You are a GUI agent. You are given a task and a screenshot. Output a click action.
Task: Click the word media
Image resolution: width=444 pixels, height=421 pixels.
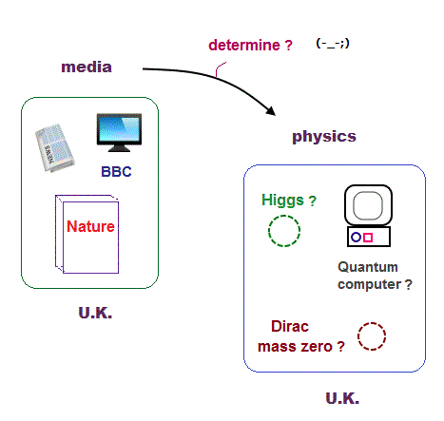[x=87, y=67]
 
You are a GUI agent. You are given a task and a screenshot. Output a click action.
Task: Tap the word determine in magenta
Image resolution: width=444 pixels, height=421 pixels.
[x=244, y=45]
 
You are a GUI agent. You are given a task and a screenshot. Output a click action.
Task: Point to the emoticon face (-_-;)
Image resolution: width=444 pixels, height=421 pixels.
[x=333, y=43]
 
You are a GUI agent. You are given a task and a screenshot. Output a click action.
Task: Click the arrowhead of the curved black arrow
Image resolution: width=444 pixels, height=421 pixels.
[x=270, y=111]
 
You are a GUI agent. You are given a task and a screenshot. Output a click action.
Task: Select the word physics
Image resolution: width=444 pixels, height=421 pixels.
[x=324, y=137]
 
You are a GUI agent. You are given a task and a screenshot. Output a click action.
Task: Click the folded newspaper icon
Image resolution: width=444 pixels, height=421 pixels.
[x=54, y=147]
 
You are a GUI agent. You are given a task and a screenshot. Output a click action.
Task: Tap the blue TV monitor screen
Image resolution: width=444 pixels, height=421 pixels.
[x=119, y=129]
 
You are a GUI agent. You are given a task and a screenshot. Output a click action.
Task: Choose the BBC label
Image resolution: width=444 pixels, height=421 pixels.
[x=116, y=172]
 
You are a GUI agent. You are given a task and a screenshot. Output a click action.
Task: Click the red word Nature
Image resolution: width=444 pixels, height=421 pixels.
[x=90, y=226]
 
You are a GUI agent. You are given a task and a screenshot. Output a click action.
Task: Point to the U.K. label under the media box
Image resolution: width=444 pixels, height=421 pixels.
[x=95, y=313]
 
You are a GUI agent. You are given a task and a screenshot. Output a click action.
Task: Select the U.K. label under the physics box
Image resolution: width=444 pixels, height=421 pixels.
[x=342, y=398]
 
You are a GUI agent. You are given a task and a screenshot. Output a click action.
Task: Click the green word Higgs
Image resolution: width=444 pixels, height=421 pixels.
[x=282, y=201]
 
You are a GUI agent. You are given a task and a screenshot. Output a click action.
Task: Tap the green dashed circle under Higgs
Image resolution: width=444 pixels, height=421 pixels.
[x=284, y=216]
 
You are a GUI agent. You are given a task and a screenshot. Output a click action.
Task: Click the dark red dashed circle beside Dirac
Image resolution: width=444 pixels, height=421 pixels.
[x=372, y=323]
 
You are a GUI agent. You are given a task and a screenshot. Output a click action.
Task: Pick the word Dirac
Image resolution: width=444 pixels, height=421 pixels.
[x=290, y=326]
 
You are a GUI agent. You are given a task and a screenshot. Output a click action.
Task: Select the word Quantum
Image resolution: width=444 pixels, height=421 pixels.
[x=368, y=267]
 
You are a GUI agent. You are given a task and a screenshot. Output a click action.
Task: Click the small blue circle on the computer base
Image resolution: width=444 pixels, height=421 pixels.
[x=357, y=237]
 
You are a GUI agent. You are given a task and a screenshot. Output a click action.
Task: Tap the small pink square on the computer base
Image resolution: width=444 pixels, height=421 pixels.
[x=368, y=238]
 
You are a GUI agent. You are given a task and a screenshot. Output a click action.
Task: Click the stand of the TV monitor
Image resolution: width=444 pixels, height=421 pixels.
[x=119, y=148]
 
